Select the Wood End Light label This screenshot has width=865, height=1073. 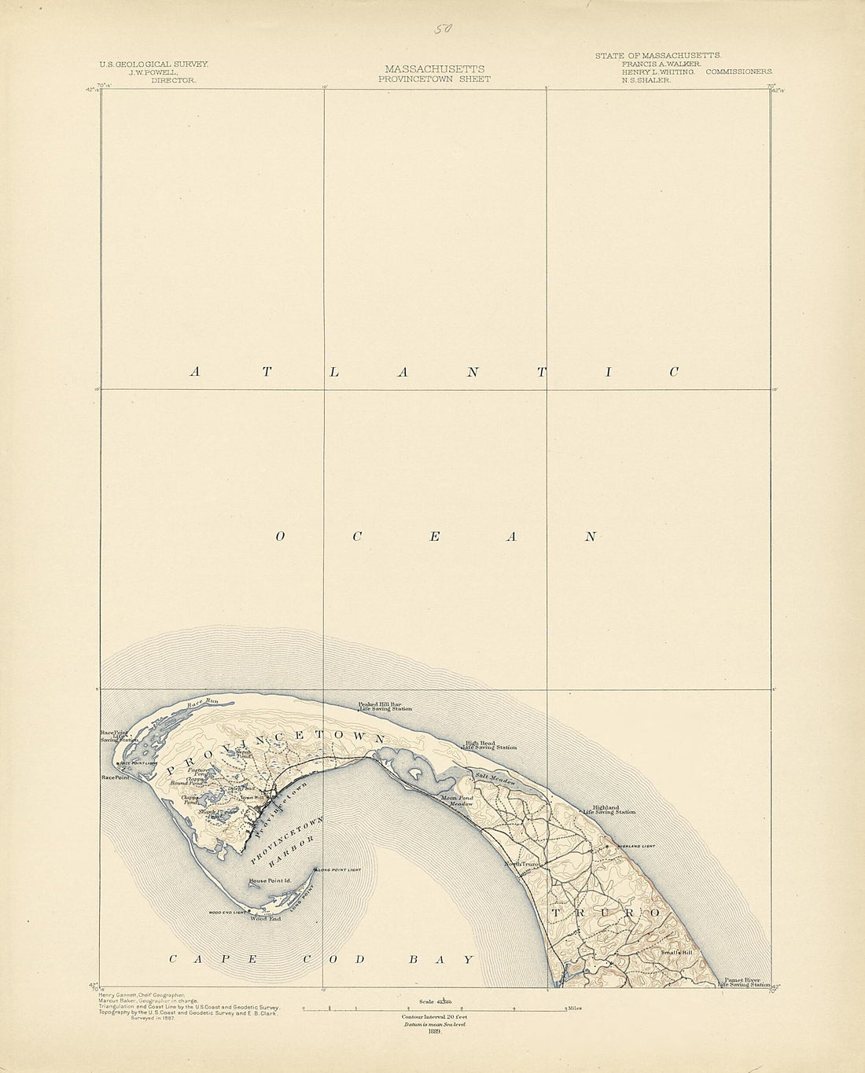click(227, 912)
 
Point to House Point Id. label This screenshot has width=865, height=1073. click(270, 881)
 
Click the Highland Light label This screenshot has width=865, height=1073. click(636, 846)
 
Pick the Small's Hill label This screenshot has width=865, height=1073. click(675, 953)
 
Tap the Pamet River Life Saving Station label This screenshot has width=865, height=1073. click(743, 982)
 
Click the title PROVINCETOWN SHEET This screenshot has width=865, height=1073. click(434, 79)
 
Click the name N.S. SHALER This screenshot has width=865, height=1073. click(646, 80)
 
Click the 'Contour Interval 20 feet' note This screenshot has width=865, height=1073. click(434, 1017)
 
